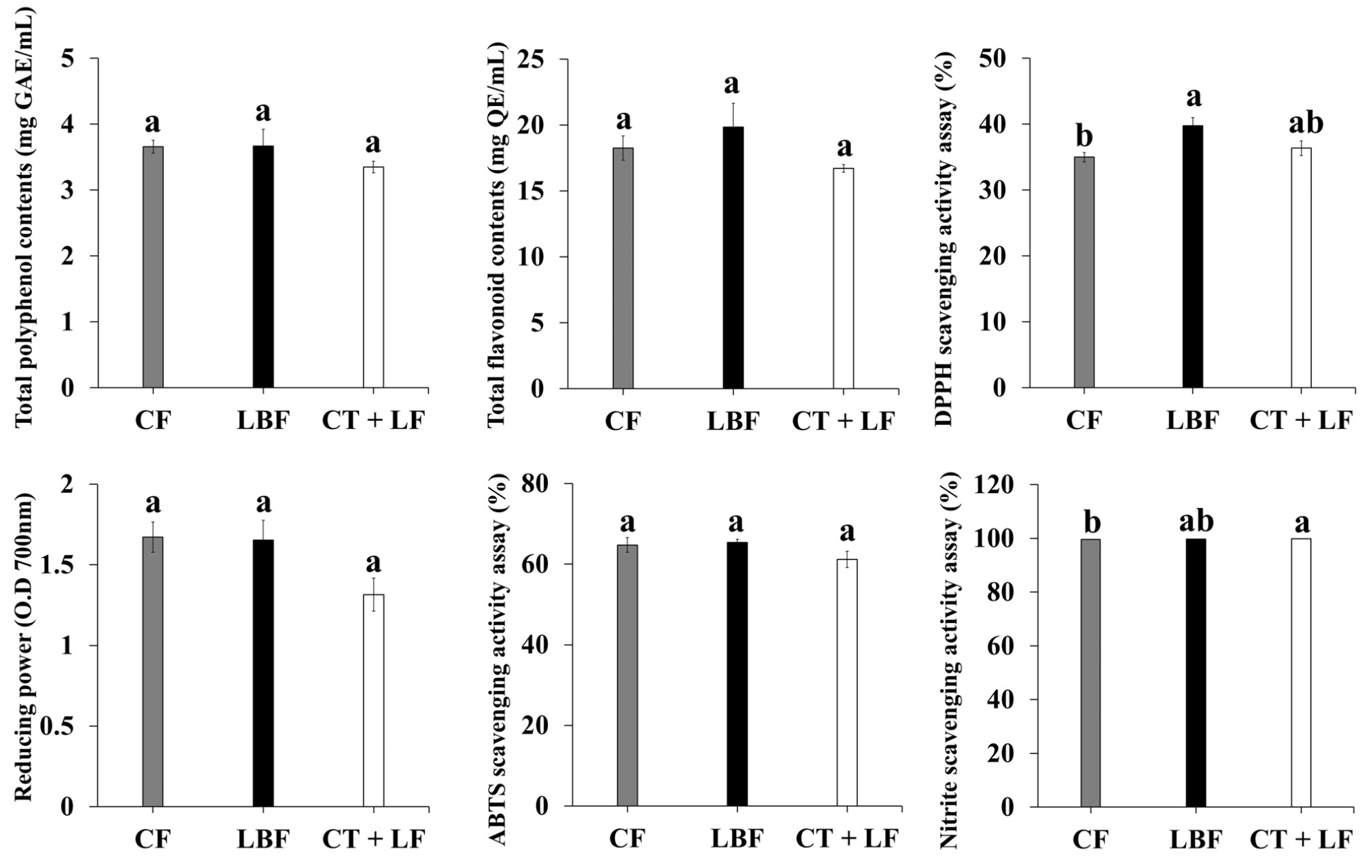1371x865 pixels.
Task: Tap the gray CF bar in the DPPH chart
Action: [x=1084, y=272]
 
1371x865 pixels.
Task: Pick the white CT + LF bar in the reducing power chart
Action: [x=373, y=700]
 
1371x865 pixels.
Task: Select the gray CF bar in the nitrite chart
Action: [x=1090, y=673]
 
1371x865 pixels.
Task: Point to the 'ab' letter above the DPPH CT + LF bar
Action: [x=1306, y=124]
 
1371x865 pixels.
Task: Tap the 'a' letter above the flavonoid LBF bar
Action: [x=731, y=84]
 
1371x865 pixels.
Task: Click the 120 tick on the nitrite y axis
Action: [x=994, y=485]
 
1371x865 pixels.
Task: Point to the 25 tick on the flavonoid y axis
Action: [x=534, y=59]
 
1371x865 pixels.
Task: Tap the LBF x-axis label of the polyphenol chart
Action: [x=263, y=422]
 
